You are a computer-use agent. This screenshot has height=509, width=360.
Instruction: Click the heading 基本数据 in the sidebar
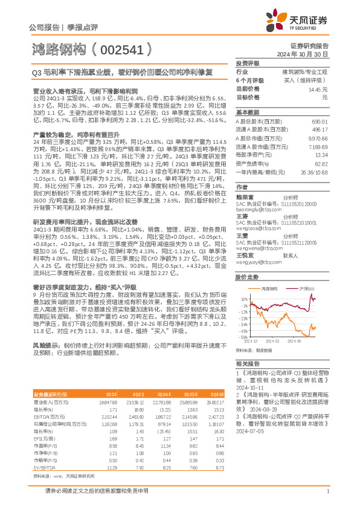coord(246,112)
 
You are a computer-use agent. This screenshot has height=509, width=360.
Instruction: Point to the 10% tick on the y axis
coord(243,299)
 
